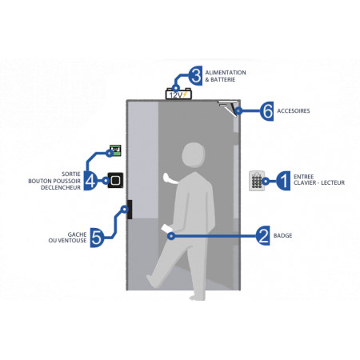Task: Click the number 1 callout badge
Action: pos(283,181)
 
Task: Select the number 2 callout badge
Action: pos(262,235)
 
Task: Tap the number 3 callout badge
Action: pos(195,76)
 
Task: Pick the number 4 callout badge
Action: pos(90,181)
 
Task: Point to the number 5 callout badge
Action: pos(97,238)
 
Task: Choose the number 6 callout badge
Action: pos(266,111)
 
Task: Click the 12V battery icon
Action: pos(178,94)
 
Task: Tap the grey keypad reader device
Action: pos(257,181)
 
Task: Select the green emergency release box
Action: pos(115,150)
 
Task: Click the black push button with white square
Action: pos(115,180)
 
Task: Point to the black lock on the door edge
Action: pos(130,210)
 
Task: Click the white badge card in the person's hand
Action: pos(167,230)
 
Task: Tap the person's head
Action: pos(194,155)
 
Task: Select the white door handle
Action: pos(170,179)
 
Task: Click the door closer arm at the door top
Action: pos(227,107)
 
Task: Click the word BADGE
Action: pos(282,235)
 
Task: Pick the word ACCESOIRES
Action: pos(294,111)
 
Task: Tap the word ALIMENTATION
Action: pos(226,73)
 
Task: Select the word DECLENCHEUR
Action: pos(61,187)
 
